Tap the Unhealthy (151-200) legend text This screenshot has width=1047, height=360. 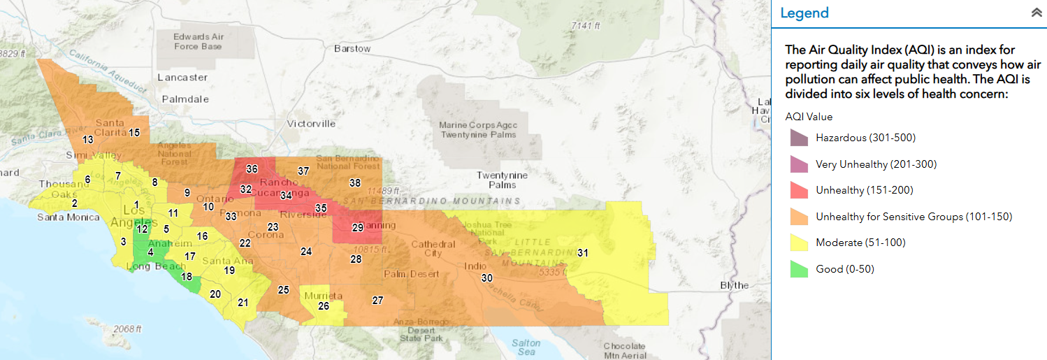pos(864,190)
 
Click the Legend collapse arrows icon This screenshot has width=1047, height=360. pos(1036,13)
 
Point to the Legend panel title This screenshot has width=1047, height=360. pos(804,13)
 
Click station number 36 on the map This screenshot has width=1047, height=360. pos(252,169)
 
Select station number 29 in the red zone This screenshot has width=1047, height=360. pos(357,228)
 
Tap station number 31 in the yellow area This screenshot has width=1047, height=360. pos(582,253)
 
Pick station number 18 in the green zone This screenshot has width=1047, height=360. pos(187,277)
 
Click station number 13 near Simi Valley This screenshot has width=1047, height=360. pos(88,140)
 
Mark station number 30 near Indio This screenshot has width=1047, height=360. pos(486,278)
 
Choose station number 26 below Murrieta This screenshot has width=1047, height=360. pos(324,306)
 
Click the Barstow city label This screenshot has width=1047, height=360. pos(352,49)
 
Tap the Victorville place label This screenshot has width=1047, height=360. pos(311,124)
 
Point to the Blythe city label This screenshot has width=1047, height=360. pos(734,285)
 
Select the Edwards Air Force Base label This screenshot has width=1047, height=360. pos(198,41)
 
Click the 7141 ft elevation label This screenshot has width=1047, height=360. pos(585,26)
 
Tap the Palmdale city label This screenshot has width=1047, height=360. pos(185,99)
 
